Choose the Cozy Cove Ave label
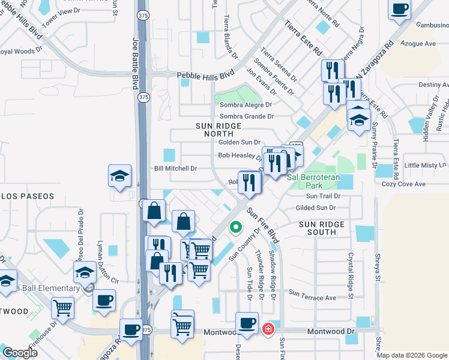403,184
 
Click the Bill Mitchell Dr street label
176,169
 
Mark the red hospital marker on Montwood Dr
268,329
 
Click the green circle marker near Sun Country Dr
235,227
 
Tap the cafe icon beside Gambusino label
399,9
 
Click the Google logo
20,353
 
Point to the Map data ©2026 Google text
412,355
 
